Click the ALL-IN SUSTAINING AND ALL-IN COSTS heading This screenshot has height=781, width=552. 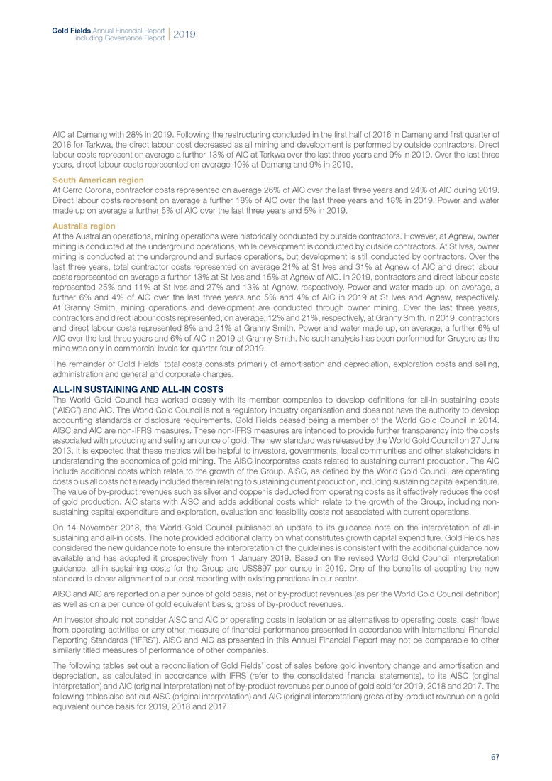(138, 389)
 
